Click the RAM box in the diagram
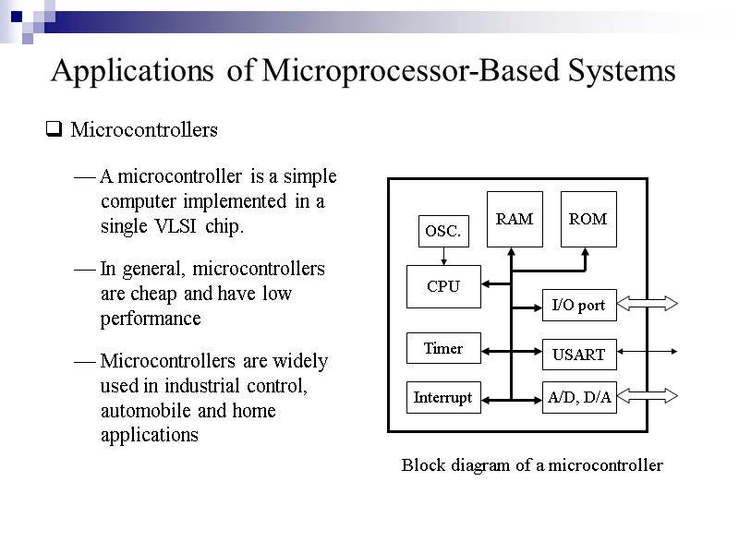coord(515,220)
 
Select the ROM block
coord(588,220)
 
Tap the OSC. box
coord(442,232)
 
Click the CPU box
coord(443,286)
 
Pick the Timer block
coord(443,348)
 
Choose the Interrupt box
coord(443,397)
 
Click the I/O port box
coord(578,305)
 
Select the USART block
coord(578,355)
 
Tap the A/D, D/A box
coord(578,397)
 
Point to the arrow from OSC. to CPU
coord(443,257)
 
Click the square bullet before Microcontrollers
coord(54,131)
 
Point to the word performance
coord(150,319)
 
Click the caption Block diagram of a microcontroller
coord(532,465)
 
